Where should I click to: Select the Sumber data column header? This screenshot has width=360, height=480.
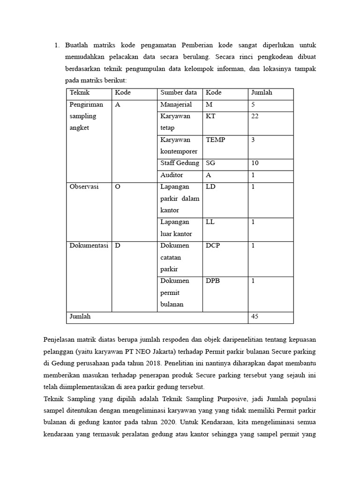[x=179, y=93]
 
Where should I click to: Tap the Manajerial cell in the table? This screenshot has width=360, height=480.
[x=176, y=105]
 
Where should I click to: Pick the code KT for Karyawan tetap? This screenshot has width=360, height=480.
[x=210, y=116]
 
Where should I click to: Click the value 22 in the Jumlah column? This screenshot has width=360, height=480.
[x=255, y=116]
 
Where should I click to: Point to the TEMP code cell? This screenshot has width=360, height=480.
[x=215, y=140]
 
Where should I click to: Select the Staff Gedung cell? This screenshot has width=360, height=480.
[x=180, y=163]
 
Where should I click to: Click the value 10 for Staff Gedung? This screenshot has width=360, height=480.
[x=255, y=163]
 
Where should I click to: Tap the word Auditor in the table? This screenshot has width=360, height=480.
[x=172, y=175]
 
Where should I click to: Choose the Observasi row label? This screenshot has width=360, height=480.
[x=84, y=187]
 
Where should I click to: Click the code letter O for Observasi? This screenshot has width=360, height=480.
[x=118, y=187]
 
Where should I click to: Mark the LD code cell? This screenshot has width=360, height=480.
[x=210, y=187]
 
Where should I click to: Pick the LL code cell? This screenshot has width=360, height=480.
[x=210, y=222]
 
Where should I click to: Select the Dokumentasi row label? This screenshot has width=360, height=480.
[x=89, y=246]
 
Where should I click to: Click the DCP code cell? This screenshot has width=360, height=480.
[x=213, y=246]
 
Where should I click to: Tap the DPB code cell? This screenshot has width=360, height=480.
[x=213, y=281]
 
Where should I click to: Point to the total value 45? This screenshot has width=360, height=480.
[x=255, y=316]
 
